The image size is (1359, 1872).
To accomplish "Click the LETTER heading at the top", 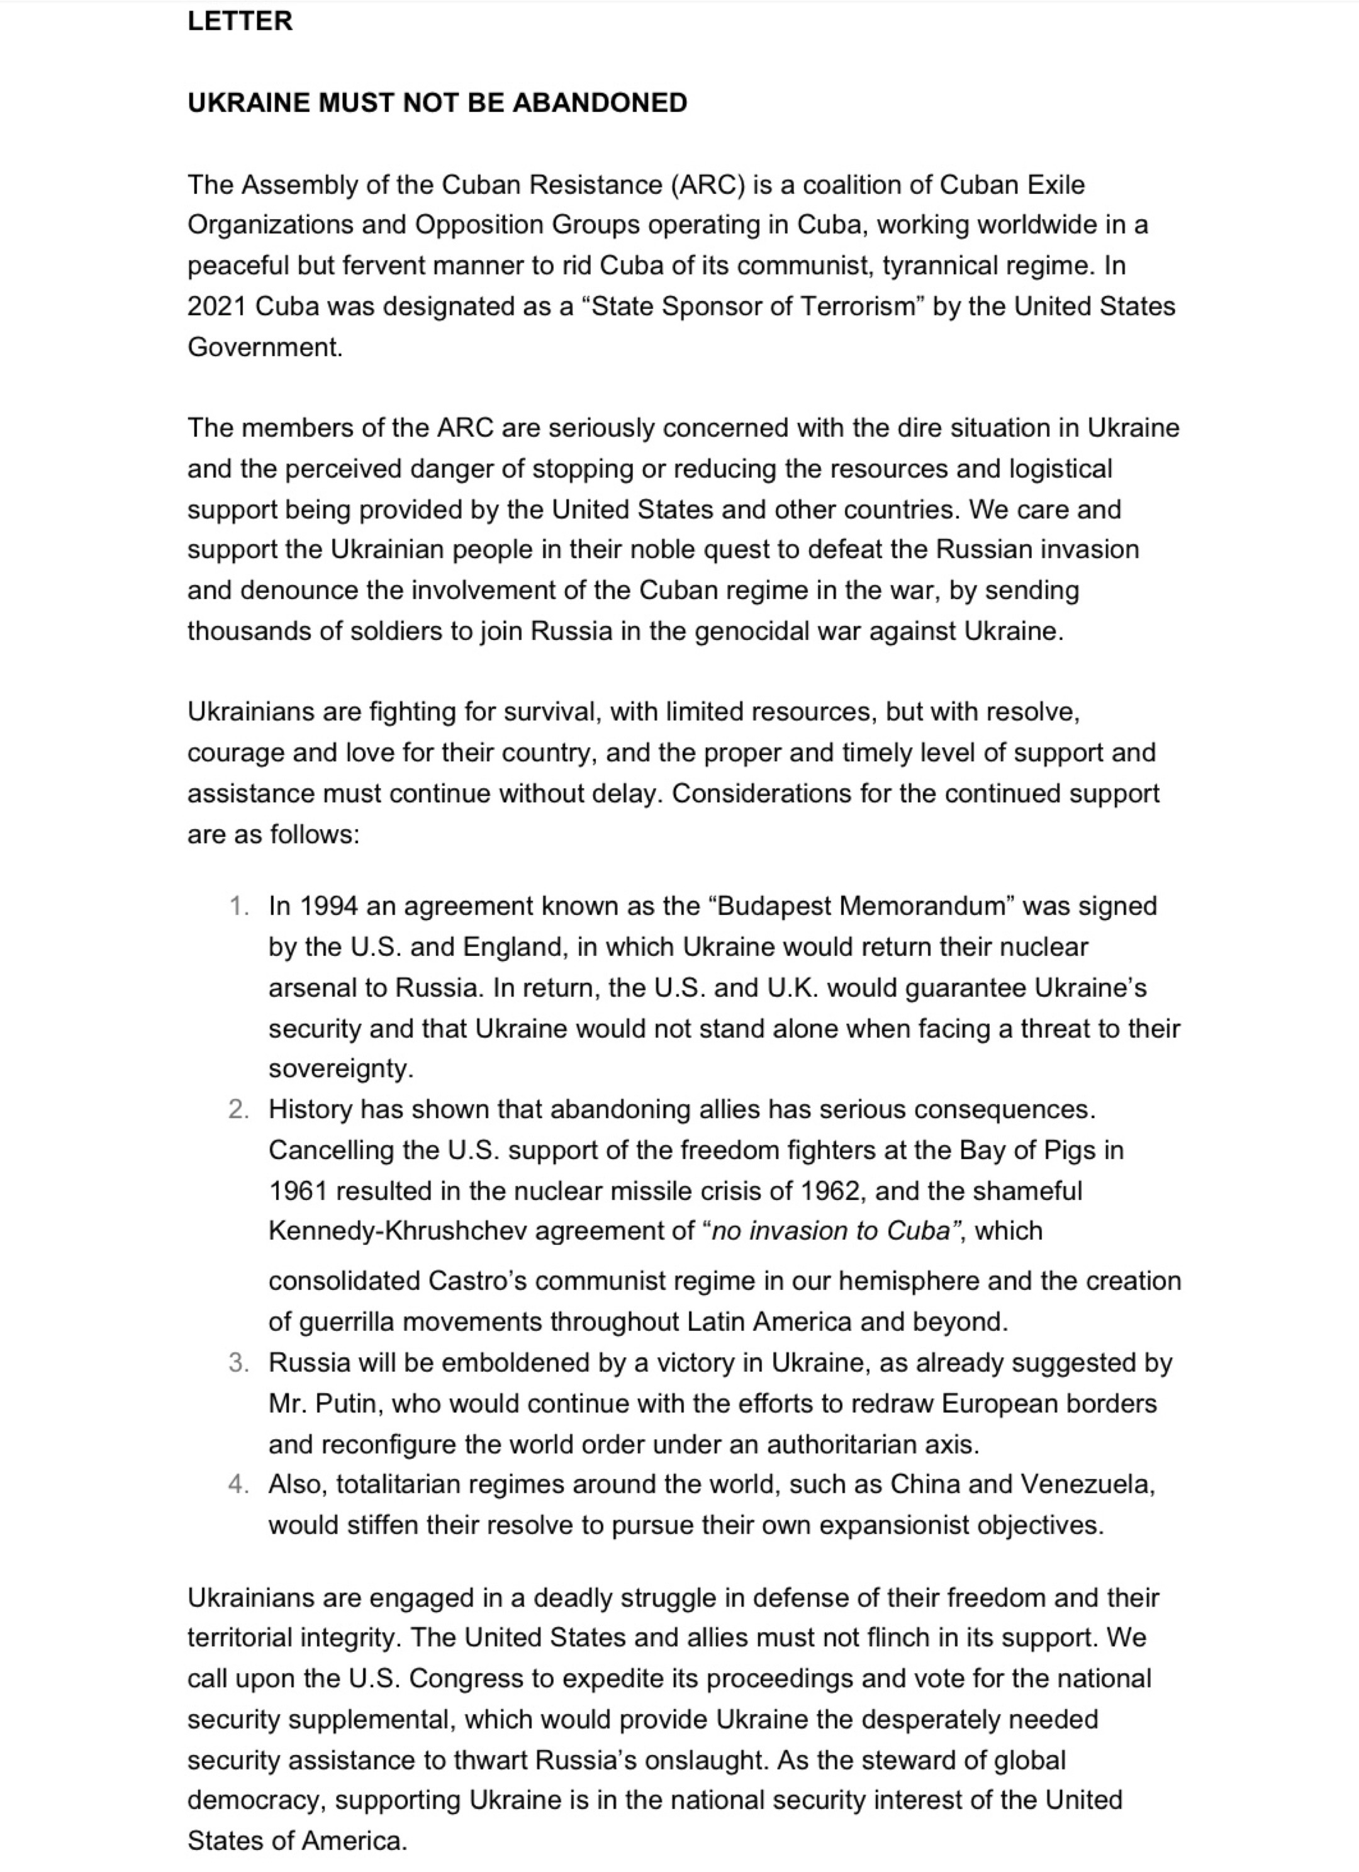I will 239,21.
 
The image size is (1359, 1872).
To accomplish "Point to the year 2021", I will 217,306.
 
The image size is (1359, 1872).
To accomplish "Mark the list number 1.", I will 238,906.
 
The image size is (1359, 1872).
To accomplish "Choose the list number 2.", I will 238,1109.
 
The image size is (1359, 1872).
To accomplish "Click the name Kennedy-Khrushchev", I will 398,1231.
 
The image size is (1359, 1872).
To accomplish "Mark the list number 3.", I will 238,1363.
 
